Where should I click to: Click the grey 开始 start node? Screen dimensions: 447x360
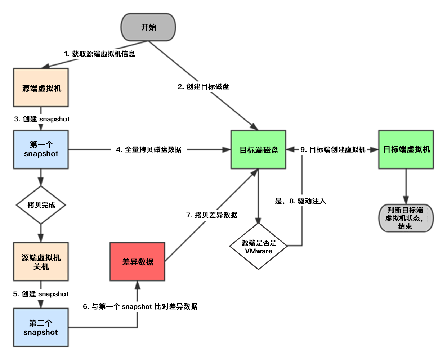pyautogui.click(x=148, y=27)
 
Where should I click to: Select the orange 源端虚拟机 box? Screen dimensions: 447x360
pyautogui.click(x=41, y=87)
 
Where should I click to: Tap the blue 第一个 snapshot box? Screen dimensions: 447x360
pyautogui.click(x=41, y=149)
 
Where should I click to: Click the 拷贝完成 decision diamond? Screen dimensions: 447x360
pyautogui.click(x=41, y=205)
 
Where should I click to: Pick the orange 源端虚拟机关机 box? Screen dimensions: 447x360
pyautogui.click(x=41, y=262)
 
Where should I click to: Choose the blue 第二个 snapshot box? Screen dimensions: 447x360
pyautogui.click(x=41, y=327)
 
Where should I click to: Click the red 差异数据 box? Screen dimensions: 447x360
pyautogui.click(x=138, y=262)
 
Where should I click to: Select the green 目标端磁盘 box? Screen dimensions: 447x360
pyautogui.click(x=258, y=149)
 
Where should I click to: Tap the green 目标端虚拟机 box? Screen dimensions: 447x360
pyautogui.click(x=406, y=149)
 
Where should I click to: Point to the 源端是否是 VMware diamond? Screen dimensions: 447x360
pyautogui.click(x=258, y=246)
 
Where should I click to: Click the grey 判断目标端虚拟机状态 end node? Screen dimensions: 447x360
pyautogui.click(x=406, y=218)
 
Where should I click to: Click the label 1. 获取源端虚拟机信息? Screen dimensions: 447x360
pyautogui.click(x=99, y=54)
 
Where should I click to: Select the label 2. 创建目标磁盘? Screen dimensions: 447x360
pyautogui.click(x=204, y=86)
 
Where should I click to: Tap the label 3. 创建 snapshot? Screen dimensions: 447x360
pyautogui.click(x=42, y=119)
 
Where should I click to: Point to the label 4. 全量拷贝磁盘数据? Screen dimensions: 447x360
pyautogui.click(x=149, y=149)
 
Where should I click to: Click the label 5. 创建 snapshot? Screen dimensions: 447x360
pyautogui.click(x=41, y=294)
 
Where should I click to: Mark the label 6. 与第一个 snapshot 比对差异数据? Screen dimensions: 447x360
pyautogui.click(x=140, y=307)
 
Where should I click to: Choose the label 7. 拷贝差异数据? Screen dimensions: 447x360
pyautogui.click(x=212, y=215)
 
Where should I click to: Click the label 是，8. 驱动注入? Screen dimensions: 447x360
pyautogui.click(x=300, y=201)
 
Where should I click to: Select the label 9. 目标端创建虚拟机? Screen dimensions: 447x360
pyautogui.click(x=333, y=149)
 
